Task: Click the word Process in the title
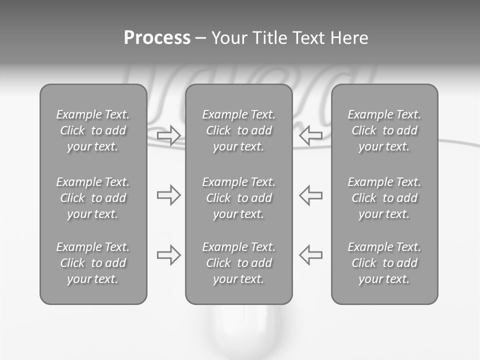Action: [x=157, y=38]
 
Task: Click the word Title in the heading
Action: [x=269, y=38]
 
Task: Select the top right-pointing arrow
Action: [x=168, y=135]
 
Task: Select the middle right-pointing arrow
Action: [x=168, y=195]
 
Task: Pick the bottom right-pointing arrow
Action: [x=168, y=255]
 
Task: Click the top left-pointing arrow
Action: [x=310, y=135]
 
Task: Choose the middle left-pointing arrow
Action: [x=310, y=195]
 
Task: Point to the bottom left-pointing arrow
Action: [x=310, y=255]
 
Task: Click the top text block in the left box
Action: [x=93, y=130]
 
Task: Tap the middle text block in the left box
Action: [x=93, y=198]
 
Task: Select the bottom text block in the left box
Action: [x=93, y=263]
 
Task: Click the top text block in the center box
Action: [x=238, y=130]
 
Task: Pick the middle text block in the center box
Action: [x=238, y=198]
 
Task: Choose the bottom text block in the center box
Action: [x=238, y=263]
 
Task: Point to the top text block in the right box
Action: [x=384, y=130]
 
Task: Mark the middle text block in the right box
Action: [x=384, y=198]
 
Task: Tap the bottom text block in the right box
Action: [x=384, y=263]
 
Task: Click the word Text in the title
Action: [x=306, y=38]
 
